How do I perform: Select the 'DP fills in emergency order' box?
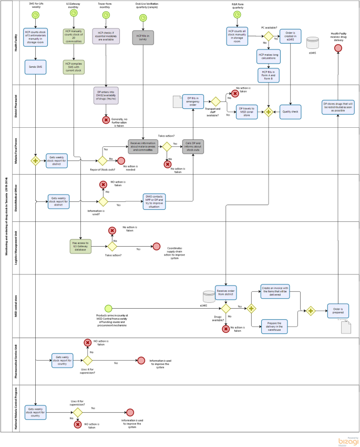(193, 101)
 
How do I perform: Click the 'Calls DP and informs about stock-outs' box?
(193, 147)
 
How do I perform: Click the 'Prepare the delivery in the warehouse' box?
(275, 326)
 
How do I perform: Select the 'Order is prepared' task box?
(338, 310)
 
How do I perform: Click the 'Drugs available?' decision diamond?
(225, 309)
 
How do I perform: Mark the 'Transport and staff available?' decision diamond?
(215, 101)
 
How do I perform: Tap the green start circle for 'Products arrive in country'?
(108, 309)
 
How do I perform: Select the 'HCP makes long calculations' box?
(268, 55)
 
